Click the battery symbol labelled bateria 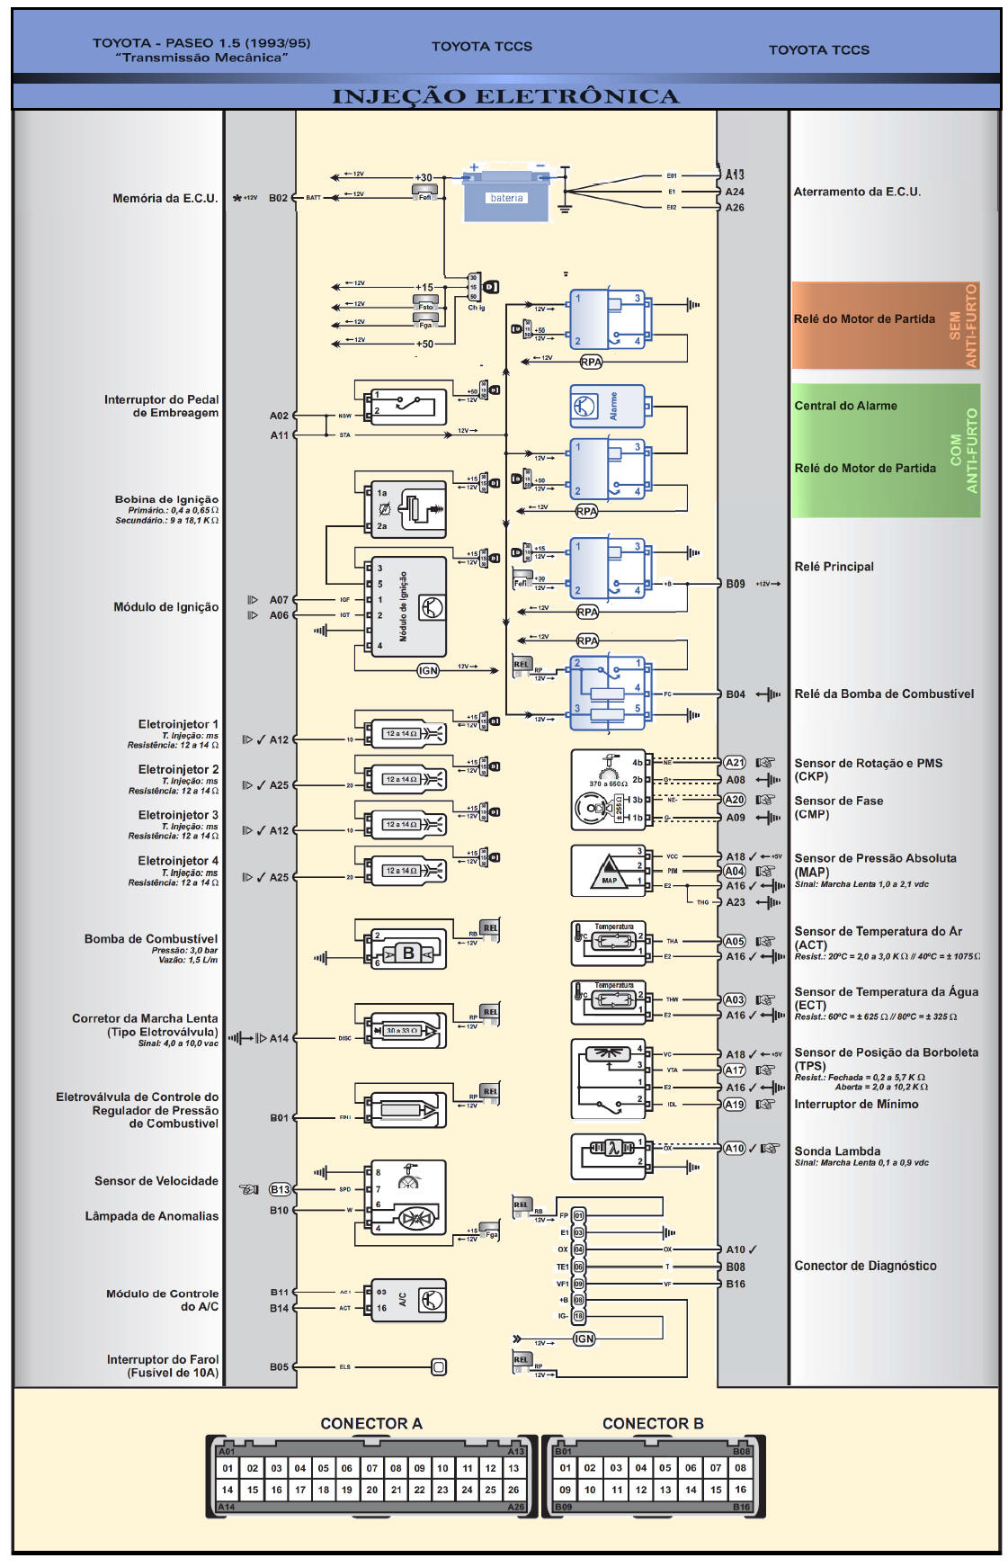click(x=505, y=197)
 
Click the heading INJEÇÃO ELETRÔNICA click(x=505, y=96)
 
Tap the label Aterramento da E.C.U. click(x=857, y=192)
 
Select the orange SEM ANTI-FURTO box click(x=886, y=325)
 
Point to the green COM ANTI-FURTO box click(x=886, y=450)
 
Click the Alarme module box click(x=607, y=406)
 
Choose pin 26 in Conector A click(x=513, y=1490)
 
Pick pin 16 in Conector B click(x=740, y=1490)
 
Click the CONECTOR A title click(x=370, y=1424)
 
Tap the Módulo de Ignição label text click(x=165, y=607)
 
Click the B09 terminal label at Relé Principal click(x=736, y=584)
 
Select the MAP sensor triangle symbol click(x=609, y=872)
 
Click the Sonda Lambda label click(x=837, y=1151)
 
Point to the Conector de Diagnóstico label click(x=865, y=1266)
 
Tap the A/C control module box click(x=409, y=1300)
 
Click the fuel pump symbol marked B click(x=408, y=953)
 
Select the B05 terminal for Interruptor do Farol click(x=280, y=1367)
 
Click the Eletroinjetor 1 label click(x=178, y=724)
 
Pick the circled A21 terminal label click(x=735, y=763)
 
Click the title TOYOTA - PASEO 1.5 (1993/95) click(x=201, y=43)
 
